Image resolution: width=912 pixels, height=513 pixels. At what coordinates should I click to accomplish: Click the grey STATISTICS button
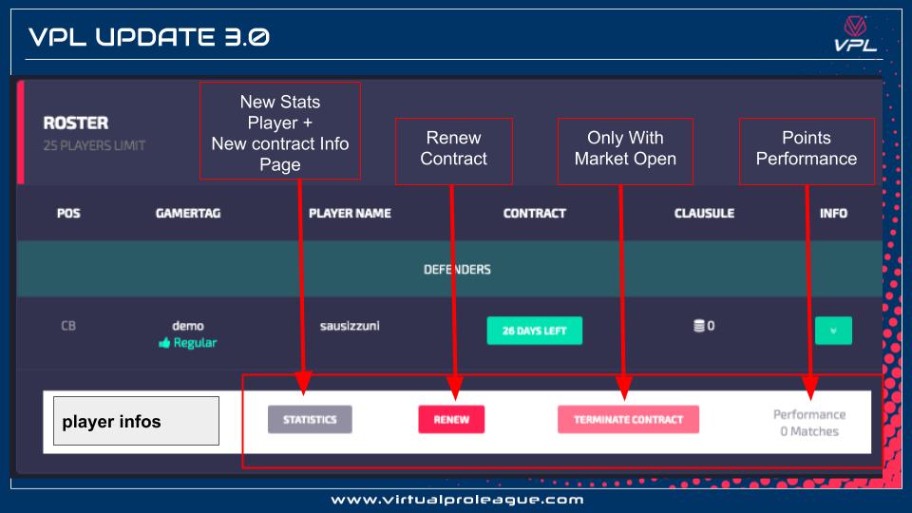pos(310,420)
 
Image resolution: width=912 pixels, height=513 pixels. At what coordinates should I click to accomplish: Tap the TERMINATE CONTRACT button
pos(628,420)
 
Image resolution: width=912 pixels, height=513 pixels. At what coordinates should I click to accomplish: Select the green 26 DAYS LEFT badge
pos(534,331)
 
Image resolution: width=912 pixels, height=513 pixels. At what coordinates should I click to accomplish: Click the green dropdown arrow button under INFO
pos(833,331)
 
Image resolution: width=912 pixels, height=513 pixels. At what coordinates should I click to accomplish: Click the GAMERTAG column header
pos(188,214)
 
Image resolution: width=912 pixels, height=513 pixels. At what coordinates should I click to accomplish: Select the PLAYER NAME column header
pos(350,214)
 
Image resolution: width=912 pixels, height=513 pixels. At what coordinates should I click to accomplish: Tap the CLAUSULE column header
pos(704,214)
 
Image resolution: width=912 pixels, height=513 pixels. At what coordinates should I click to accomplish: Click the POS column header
pos(68,214)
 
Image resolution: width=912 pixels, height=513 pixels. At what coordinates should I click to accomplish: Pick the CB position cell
pos(68,326)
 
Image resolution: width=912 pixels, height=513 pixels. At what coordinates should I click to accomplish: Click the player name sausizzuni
pos(350,326)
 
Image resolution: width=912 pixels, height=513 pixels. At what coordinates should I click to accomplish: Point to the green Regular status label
pos(188,343)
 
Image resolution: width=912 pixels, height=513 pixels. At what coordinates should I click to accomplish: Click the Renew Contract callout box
pos(453,150)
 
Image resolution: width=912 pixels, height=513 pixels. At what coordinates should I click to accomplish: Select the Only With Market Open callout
pos(625,150)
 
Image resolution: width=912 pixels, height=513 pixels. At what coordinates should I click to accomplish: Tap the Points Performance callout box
pos(806,150)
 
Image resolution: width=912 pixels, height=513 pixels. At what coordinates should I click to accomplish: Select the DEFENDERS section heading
pos(456,270)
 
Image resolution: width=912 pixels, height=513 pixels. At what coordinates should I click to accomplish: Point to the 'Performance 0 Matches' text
pos(808,423)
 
